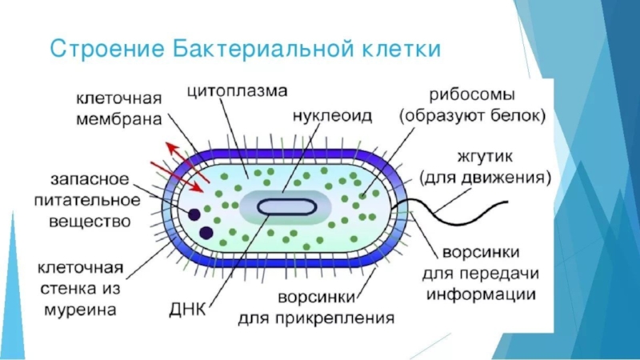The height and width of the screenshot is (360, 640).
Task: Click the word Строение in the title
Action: [x=107, y=49]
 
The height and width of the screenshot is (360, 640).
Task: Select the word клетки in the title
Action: [x=402, y=50]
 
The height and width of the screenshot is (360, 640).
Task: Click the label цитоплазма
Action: [x=237, y=91]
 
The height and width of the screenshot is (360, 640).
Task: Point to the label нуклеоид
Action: [x=332, y=116]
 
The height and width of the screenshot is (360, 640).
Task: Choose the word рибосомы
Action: [x=471, y=95]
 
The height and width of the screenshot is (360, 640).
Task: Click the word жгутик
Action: [x=485, y=157]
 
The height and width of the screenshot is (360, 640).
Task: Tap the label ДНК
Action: [x=188, y=310]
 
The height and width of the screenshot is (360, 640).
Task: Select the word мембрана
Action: [x=118, y=119]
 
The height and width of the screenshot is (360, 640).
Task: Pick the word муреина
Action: [x=80, y=310]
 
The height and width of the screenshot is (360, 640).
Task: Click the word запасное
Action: [x=90, y=179]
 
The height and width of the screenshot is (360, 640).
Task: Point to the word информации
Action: [x=481, y=294]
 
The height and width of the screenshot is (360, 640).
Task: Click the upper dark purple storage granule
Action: [x=194, y=214]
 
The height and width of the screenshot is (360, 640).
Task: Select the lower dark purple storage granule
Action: [x=206, y=234]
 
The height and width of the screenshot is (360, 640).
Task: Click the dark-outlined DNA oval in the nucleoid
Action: [x=287, y=207]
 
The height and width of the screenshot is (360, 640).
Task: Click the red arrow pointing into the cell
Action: [x=177, y=177]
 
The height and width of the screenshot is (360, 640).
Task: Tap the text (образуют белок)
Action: [x=472, y=116]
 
